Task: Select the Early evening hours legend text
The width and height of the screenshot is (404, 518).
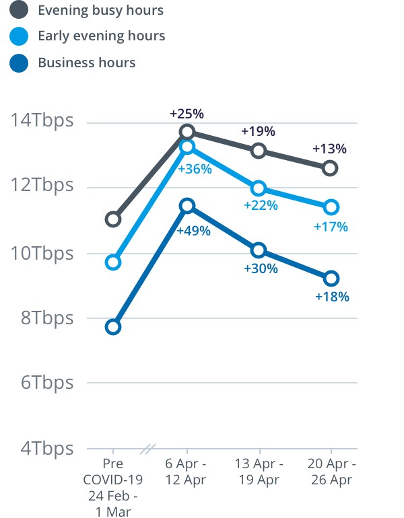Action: [x=101, y=36]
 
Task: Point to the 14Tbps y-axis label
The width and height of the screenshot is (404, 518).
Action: [x=42, y=121]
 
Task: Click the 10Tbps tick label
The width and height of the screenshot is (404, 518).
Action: [x=42, y=254]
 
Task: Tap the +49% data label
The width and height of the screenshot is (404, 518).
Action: [x=193, y=231]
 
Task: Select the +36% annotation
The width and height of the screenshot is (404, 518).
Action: [x=195, y=169]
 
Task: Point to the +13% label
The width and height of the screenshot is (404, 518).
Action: [x=329, y=149]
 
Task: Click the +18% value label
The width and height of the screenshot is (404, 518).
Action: [x=332, y=296]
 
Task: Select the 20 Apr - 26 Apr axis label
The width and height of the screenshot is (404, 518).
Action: [x=331, y=472]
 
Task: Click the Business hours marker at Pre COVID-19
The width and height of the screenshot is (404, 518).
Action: [x=113, y=327]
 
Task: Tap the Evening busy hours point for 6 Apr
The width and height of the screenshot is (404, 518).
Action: [x=187, y=131]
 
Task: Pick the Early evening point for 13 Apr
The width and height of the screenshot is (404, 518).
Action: [x=259, y=188]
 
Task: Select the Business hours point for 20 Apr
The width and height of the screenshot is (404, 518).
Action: [x=331, y=278]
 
